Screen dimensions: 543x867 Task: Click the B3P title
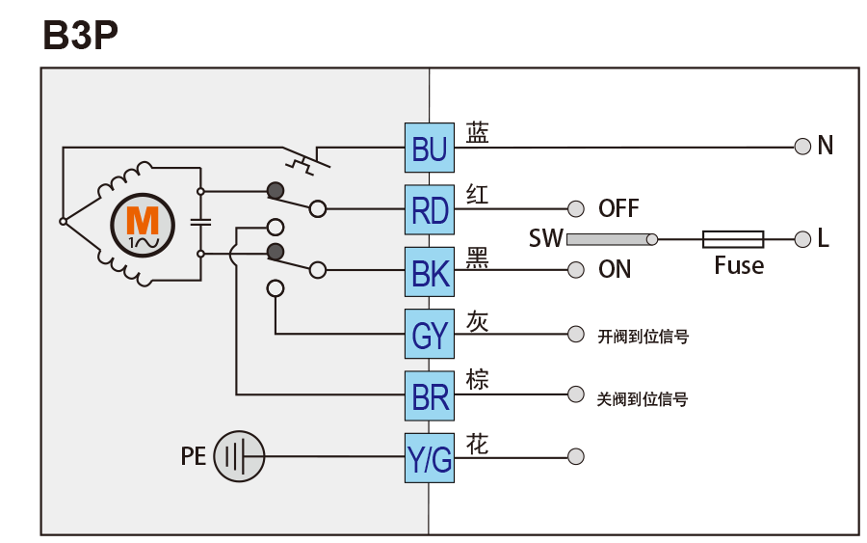[x=81, y=36]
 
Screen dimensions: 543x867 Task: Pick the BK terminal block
[x=430, y=271]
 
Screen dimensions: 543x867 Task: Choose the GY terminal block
[x=430, y=334]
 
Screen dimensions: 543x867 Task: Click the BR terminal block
[x=430, y=395]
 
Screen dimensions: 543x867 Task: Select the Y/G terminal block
[x=430, y=457]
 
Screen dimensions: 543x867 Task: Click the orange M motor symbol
[x=142, y=222]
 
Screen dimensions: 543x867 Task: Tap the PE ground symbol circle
[x=238, y=455]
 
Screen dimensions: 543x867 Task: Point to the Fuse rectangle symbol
[x=733, y=239]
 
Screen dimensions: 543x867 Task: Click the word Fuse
[x=739, y=266]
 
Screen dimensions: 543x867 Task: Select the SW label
[x=545, y=238]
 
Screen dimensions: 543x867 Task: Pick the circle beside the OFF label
[x=576, y=208]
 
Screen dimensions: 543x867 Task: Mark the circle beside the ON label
[x=576, y=270]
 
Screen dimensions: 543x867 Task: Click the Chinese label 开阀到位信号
[x=643, y=337]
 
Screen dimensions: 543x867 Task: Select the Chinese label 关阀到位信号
[x=643, y=398]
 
